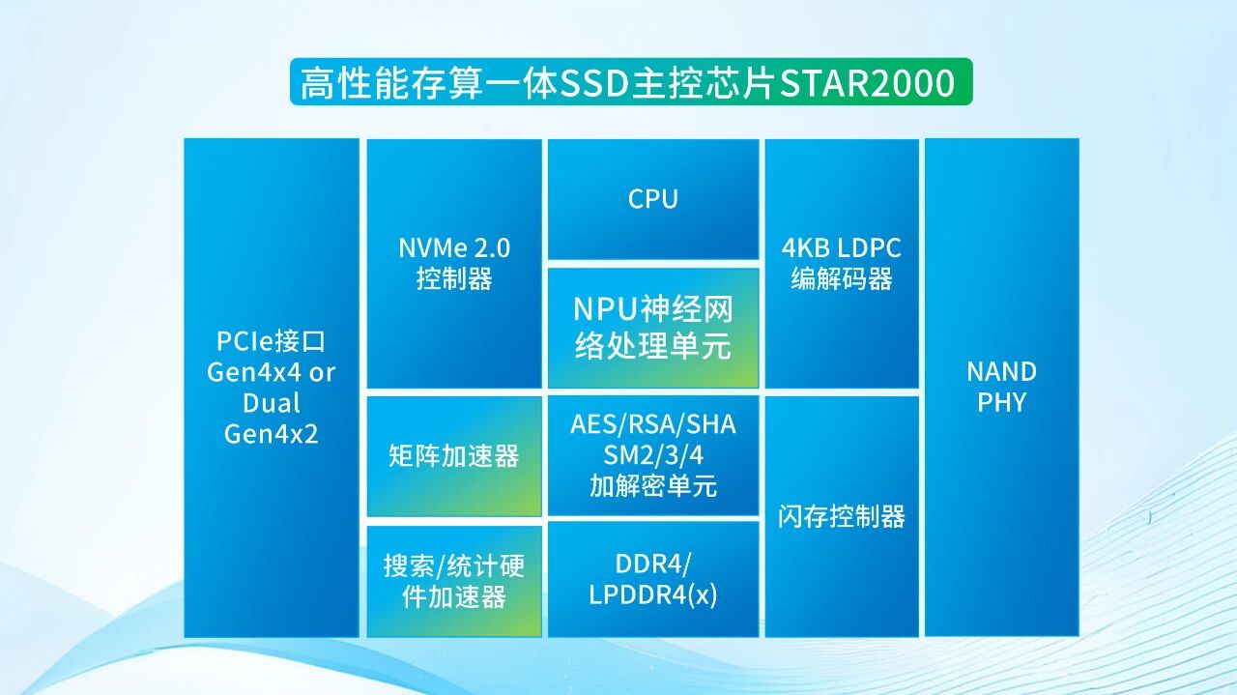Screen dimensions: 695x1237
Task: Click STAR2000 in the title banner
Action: click(x=867, y=83)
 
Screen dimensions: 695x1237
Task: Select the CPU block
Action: click(x=653, y=199)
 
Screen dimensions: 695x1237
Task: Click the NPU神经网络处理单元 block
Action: click(x=653, y=328)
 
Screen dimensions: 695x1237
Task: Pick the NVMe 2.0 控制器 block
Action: click(x=454, y=263)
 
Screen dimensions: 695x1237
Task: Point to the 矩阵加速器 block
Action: click(x=454, y=456)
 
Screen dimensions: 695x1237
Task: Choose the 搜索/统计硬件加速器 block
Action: click(x=454, y=580)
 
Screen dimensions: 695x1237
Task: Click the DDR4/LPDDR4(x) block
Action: click(x=653, y=579)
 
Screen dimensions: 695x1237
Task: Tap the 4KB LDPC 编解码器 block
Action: click(x=842, y=263)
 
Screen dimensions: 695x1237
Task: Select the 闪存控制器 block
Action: click(x=842, y=516)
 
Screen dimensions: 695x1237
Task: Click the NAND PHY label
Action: click(x=1001, y=387)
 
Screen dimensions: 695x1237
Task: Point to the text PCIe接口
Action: click(x=271, y=341)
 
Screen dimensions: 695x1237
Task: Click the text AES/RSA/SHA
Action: click(x=653, y=424)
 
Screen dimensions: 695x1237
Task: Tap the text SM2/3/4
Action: click(x=653, y=455)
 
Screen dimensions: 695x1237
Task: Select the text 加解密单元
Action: click(x=653, y=486)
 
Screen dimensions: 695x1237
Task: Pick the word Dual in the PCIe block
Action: click(x=272, y=403)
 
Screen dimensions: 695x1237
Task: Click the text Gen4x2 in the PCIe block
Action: click(x=271, y=434)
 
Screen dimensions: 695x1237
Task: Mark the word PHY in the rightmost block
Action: click(x=1001, y=402)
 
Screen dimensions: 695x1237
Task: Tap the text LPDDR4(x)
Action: click(x=653, y=595)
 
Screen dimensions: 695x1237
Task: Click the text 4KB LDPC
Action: click(x=842, y=247)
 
